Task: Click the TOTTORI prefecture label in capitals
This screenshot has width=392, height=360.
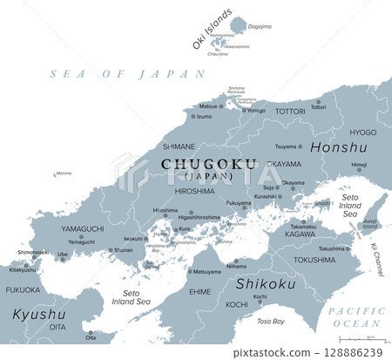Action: click(290, 112)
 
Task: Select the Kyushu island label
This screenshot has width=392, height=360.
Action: click(38, 313)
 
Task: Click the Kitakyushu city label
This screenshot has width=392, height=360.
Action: click(23, 269)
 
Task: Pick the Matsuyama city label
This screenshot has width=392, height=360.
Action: click(206, 272)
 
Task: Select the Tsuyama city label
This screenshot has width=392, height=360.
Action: click(286, 146)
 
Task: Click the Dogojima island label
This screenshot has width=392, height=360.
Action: click(260, 27)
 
